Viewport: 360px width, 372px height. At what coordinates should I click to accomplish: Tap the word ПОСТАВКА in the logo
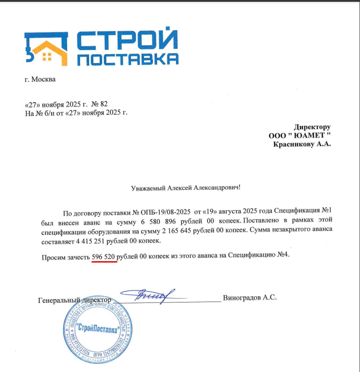coord(127,60)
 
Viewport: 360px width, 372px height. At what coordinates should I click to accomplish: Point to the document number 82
coord(104,104)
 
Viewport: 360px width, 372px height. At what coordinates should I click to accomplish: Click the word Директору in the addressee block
coord(312,127)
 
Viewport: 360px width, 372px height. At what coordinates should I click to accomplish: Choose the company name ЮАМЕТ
coord(306,136)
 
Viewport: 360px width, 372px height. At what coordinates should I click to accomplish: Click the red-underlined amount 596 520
coord(104,256)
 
